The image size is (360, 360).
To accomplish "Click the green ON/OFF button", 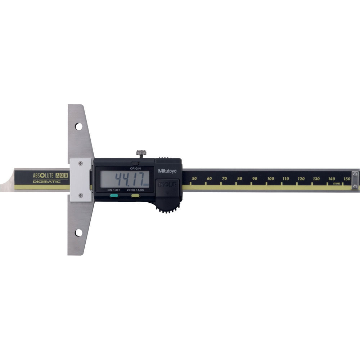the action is point(114,195).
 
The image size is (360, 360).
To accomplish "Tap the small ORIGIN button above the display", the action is point(135,164).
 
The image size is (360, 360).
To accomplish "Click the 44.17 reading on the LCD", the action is point(129,179).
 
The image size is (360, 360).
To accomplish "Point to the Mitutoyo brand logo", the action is point(167,171).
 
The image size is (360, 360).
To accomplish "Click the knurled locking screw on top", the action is point(141,153).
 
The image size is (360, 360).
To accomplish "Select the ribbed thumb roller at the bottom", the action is point(168,208).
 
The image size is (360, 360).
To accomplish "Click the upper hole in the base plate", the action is point(79,126).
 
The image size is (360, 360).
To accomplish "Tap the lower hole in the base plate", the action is point(79,233).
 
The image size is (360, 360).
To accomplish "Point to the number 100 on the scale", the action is point(270,179).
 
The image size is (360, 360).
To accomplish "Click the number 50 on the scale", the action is point(194,179).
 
